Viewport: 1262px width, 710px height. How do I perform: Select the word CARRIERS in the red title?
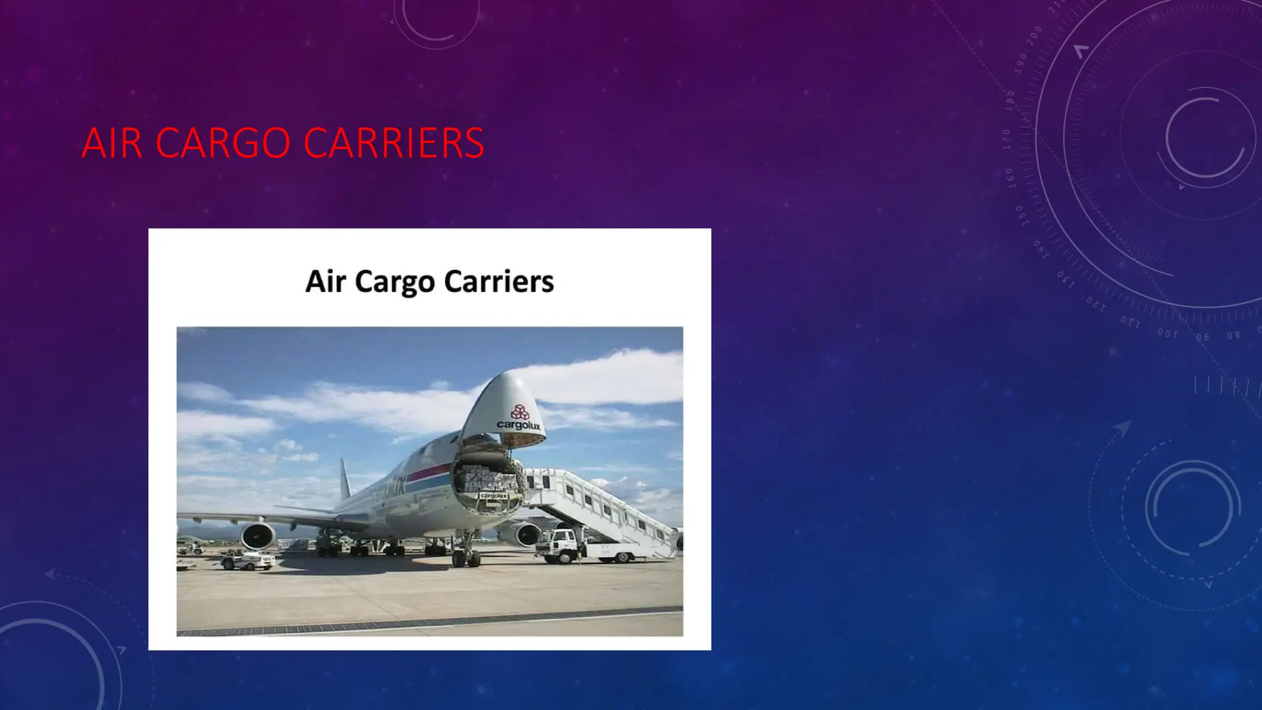click(394, 143)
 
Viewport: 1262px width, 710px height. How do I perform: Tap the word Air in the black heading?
click(325, 281)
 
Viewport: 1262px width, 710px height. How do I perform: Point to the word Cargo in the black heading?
click(394, 282)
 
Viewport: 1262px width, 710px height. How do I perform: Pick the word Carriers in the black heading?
click(499, 281)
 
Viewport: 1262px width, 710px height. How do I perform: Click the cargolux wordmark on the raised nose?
click(518, 425)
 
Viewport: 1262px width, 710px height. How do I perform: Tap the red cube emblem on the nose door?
click(519, 412)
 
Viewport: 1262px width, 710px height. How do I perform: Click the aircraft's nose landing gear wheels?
click(466, 558)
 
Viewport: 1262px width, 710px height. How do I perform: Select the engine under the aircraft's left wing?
click(258, 536)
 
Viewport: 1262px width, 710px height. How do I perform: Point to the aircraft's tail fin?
click(345, 481)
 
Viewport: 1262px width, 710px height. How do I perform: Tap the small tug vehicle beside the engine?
click(250, 560)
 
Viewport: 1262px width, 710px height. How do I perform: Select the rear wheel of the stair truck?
click(622, 558)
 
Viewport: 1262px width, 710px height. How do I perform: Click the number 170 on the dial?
click(1007, 139)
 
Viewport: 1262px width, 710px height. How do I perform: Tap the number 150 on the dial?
click(1020, 216)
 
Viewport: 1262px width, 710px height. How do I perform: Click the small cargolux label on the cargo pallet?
click(492, 496)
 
